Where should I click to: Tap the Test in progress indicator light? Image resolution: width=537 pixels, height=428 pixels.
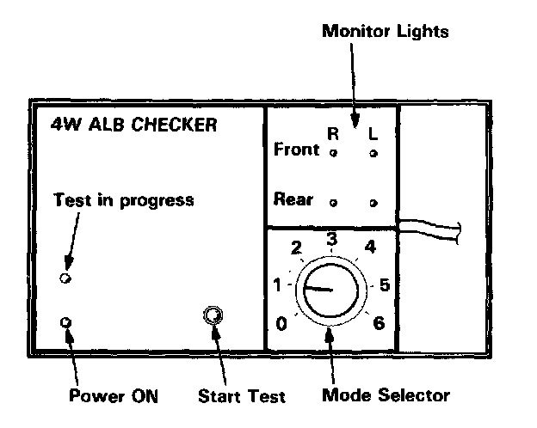tap(65, 278)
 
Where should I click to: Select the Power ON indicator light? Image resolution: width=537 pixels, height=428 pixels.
tap(65, 322)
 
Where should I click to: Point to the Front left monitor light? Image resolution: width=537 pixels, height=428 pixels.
tap(373, 153)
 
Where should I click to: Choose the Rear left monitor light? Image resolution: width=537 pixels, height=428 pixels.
tap(373, 203)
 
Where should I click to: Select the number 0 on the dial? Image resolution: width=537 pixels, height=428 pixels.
tap(281, 323)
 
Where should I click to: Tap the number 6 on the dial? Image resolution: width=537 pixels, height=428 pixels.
tap(379, 323)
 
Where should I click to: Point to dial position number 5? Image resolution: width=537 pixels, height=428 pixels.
tap(385, 284)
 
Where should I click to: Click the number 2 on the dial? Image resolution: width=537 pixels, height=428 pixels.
tap(297, 249)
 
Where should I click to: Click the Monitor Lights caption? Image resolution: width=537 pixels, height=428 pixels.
tap(385, 32)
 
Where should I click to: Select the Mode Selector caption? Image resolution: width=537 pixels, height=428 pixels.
tap(386, 395)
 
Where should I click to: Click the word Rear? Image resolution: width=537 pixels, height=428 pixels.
tap(293, 199)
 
